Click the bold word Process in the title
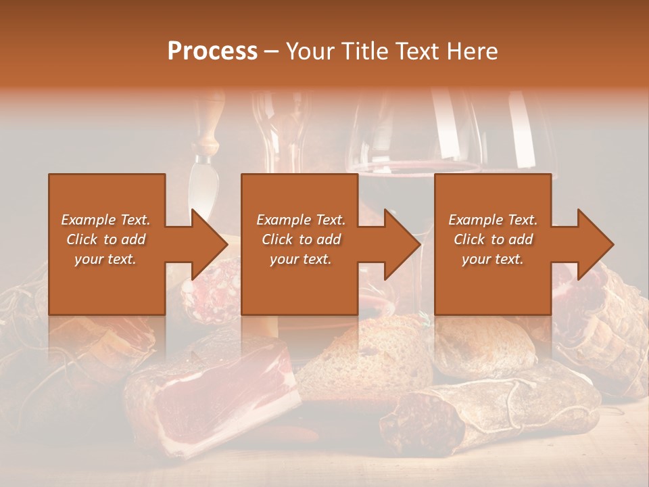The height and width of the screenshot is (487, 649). tap(212, 51)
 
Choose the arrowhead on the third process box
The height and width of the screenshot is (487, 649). tap(594, 245)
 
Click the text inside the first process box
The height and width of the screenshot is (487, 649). tap(105, 239)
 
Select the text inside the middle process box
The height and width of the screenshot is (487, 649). tap(300, 239)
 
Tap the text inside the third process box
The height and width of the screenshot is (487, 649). tap(492, 239)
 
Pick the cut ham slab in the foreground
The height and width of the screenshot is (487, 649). tap(223, 392)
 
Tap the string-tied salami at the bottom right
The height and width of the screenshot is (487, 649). tap(487, 413)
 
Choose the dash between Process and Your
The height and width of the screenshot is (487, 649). tap(272, 51)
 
